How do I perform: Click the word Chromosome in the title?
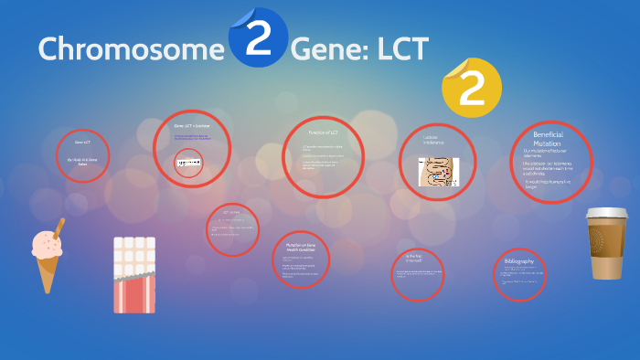coord(125,48)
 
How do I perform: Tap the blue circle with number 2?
coord(258,38)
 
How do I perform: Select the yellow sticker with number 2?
coord(471,87)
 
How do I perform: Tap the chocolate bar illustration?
coord(134,273)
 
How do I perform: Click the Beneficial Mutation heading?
coord(547,139)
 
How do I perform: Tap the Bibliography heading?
coord(518,261)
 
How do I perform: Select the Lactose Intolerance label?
coord(433,141)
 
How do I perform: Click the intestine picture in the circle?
coord(438,172)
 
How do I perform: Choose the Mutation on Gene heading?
coord(300,248)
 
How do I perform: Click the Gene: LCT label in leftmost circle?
coord(82,143)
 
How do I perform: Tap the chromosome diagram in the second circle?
coord(189,162)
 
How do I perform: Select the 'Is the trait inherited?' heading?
coord(416,259)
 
